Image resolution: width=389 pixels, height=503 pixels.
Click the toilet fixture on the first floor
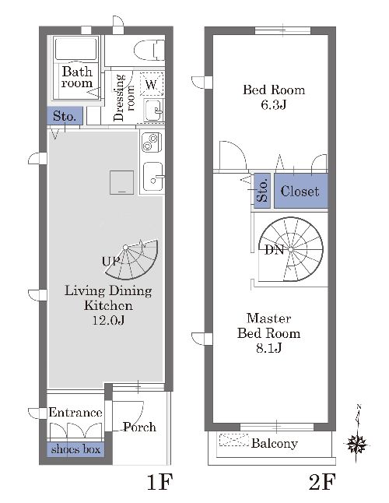(149, 50)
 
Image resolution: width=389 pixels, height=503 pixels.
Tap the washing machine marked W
(152, 84)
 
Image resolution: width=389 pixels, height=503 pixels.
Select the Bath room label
(77, 77)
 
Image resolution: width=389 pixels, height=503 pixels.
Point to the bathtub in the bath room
(76, 49)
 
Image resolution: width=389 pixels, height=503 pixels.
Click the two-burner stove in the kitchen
(151, 142)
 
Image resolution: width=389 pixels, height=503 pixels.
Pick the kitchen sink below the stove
(153, 177)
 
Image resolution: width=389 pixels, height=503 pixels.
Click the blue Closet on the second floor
(301, 191)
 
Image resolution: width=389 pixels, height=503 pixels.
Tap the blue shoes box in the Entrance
(75, 449)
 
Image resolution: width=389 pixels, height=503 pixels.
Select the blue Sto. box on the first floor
(65, 116)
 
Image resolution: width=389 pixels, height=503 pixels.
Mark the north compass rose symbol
(356, 444)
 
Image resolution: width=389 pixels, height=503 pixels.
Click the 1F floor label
(160, 482)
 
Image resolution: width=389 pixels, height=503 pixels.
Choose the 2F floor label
(322, 482)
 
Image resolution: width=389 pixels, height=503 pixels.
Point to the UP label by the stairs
(111, 262)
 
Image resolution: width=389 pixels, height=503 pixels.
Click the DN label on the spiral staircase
(275, 250)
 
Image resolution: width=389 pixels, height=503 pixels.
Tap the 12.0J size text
(108, 320)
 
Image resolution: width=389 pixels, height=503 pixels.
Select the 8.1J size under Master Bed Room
(269, 348)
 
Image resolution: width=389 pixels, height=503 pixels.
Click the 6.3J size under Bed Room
(273, 105)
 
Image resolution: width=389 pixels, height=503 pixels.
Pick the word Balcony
(275, 443)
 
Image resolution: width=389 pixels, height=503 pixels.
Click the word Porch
(140, 427)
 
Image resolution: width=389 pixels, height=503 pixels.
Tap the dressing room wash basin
(154, 110)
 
